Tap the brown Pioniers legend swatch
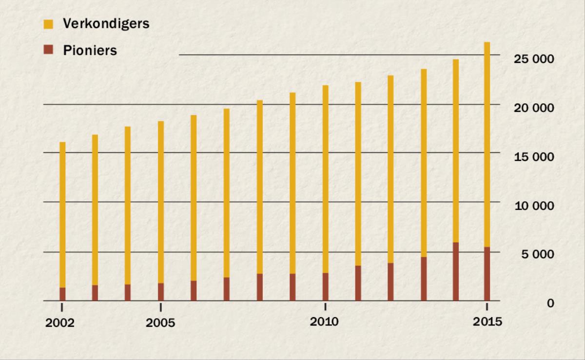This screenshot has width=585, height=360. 48,49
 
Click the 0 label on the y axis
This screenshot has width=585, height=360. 550,303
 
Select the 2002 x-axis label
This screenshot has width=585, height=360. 60,323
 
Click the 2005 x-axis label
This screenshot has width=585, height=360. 160,323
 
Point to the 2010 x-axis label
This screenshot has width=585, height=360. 324,322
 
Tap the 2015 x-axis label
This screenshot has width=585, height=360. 487,322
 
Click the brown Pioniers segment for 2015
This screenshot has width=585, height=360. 487,274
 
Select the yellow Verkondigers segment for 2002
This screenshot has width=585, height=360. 62,214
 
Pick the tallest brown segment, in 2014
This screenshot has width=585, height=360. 455,271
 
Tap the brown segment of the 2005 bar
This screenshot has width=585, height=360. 160,292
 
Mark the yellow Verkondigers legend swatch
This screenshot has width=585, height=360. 48,24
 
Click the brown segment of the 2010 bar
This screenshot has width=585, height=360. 325,287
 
